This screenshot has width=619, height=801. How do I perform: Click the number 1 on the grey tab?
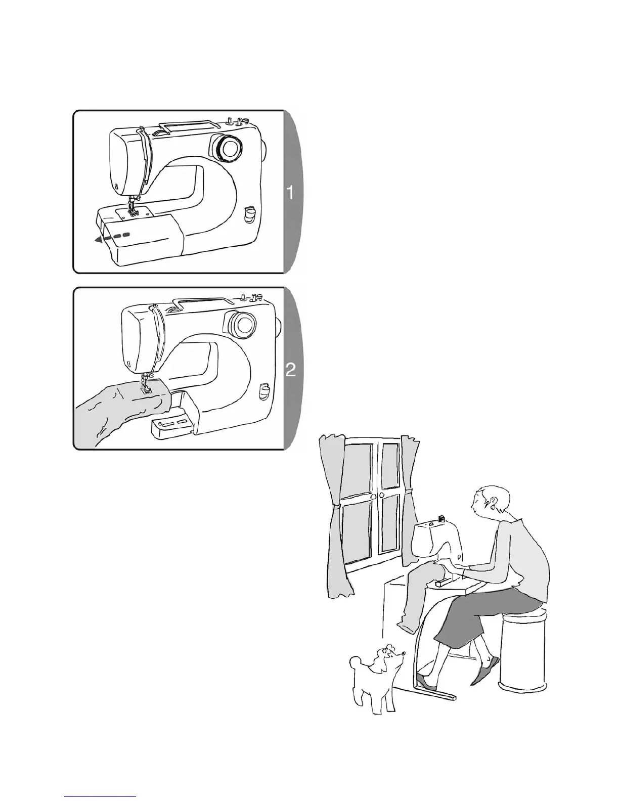point(290,193)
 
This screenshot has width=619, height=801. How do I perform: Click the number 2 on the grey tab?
point(291,370)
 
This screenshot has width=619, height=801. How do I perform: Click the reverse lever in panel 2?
point(263,391)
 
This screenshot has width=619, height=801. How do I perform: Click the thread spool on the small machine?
point(440,519)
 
